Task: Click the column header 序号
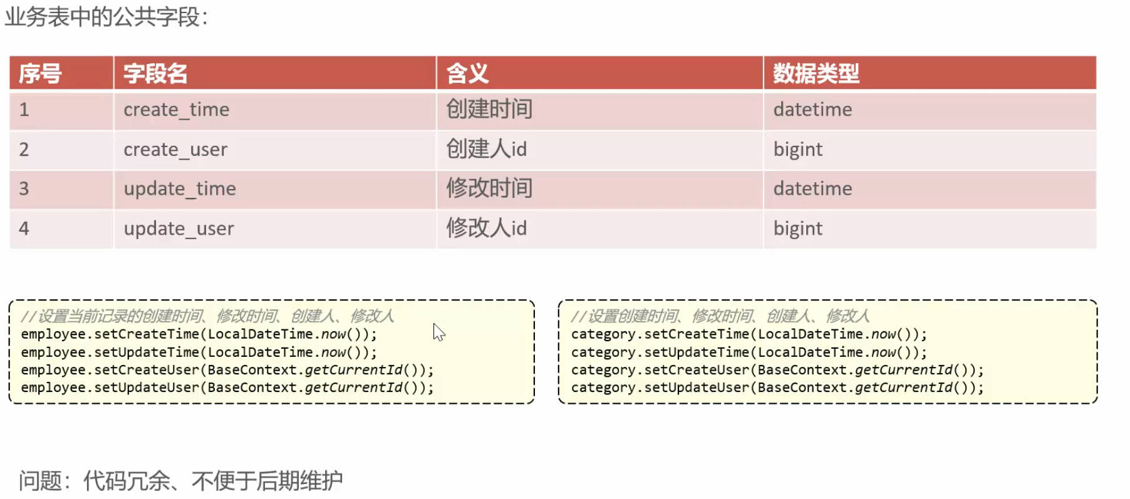tap(40, 74)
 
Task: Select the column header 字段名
tap(155, 74)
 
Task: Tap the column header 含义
tap(467, 74)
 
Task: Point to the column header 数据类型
tap(816, 74)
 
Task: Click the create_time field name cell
tap(177, 110)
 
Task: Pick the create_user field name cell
tap(175, 150)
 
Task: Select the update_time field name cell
tap(180, 188)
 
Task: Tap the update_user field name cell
tap(179, 229)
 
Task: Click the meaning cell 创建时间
tap(489, 110)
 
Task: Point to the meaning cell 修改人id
tap(487, 228)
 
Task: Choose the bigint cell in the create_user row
tap(797, 150)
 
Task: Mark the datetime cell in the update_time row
tap(812, 188)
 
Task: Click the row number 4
tap(24, 229)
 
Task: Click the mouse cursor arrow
tap(438, 332)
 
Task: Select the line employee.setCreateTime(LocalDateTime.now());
tap(199, 334)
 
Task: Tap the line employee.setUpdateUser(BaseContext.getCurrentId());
tap(227, 388)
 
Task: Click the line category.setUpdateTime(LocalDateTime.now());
tap(749, 352)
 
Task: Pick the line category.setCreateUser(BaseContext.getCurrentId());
tap(777, 370)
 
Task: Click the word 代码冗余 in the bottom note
tap(127, 481)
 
